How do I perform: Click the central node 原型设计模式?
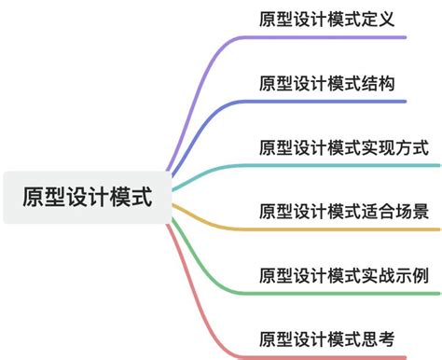(x=85, y=197)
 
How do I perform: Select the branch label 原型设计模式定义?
(x=327, y=19)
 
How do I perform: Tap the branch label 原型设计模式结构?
(x=327, y=83)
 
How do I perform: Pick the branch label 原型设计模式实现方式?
(x=343, y=147)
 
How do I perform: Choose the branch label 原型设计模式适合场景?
(x=343, y=211)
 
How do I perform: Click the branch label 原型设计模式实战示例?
(x=343, y=275)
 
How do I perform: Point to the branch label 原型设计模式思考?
(x=327, y=338)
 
